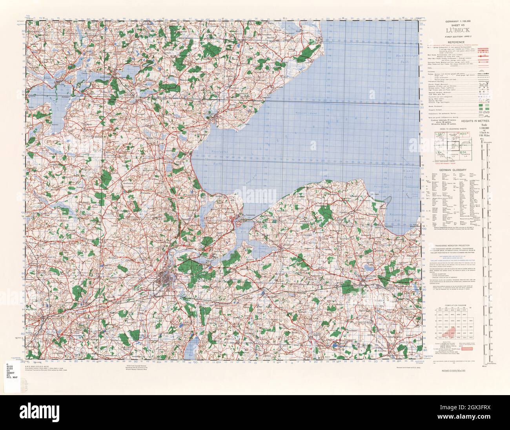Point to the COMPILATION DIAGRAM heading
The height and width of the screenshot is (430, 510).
coord(454,304)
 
